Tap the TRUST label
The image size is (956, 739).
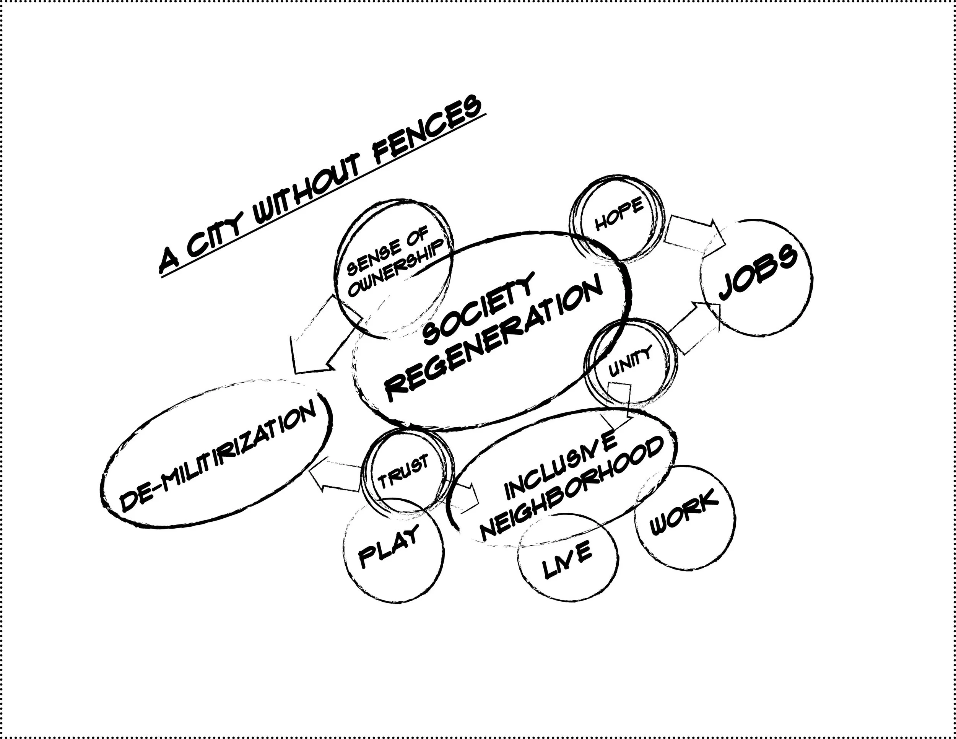(x=403, y=473)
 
